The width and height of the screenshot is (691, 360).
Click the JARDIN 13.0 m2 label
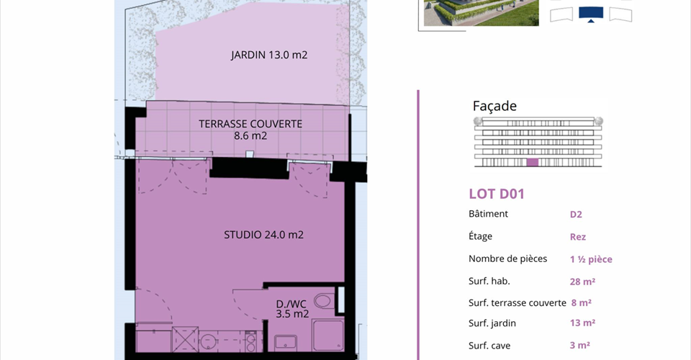point(268,55)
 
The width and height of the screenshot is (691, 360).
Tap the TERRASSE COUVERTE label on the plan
point(250,125)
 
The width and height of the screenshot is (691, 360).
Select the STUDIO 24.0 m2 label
point(263,235)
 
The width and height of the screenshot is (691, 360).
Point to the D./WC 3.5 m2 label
point(292,309)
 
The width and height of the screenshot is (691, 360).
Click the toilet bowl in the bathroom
point(323,302)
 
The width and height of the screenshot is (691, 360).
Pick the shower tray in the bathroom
point(328,336)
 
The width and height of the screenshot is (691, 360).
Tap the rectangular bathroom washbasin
point(286,343)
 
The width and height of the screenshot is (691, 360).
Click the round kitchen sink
point(207,341)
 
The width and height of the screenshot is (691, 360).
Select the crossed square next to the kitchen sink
point(185,339)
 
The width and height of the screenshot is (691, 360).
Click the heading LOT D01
point(497,194)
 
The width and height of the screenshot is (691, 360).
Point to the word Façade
point(494,106)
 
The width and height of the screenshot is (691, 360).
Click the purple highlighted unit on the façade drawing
point(533,162)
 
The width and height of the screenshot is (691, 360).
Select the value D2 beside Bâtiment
point(576,215)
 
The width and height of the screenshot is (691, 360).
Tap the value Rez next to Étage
point(578,237)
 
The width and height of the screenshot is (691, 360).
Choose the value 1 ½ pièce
point(591,259)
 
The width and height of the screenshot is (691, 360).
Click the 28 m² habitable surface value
point(582,282)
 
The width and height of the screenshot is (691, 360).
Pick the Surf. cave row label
point(489,346)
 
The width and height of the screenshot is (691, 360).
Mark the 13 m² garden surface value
point(582,323)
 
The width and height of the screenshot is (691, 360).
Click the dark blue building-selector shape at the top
point(590,14)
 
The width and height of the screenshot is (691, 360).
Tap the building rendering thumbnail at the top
point(482,13)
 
